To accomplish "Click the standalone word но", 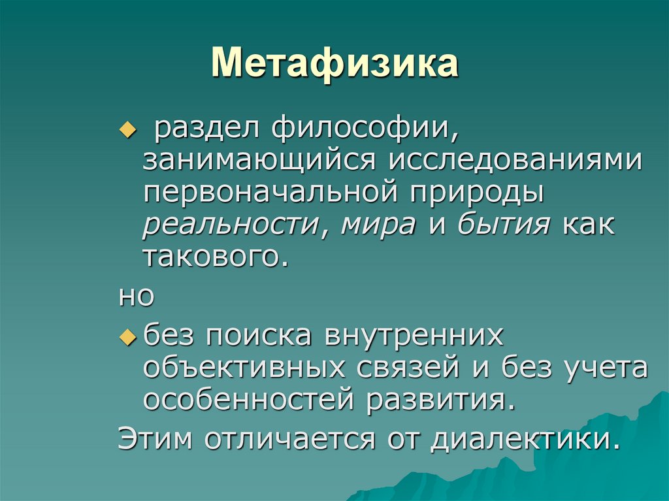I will click(x=135, y=297).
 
